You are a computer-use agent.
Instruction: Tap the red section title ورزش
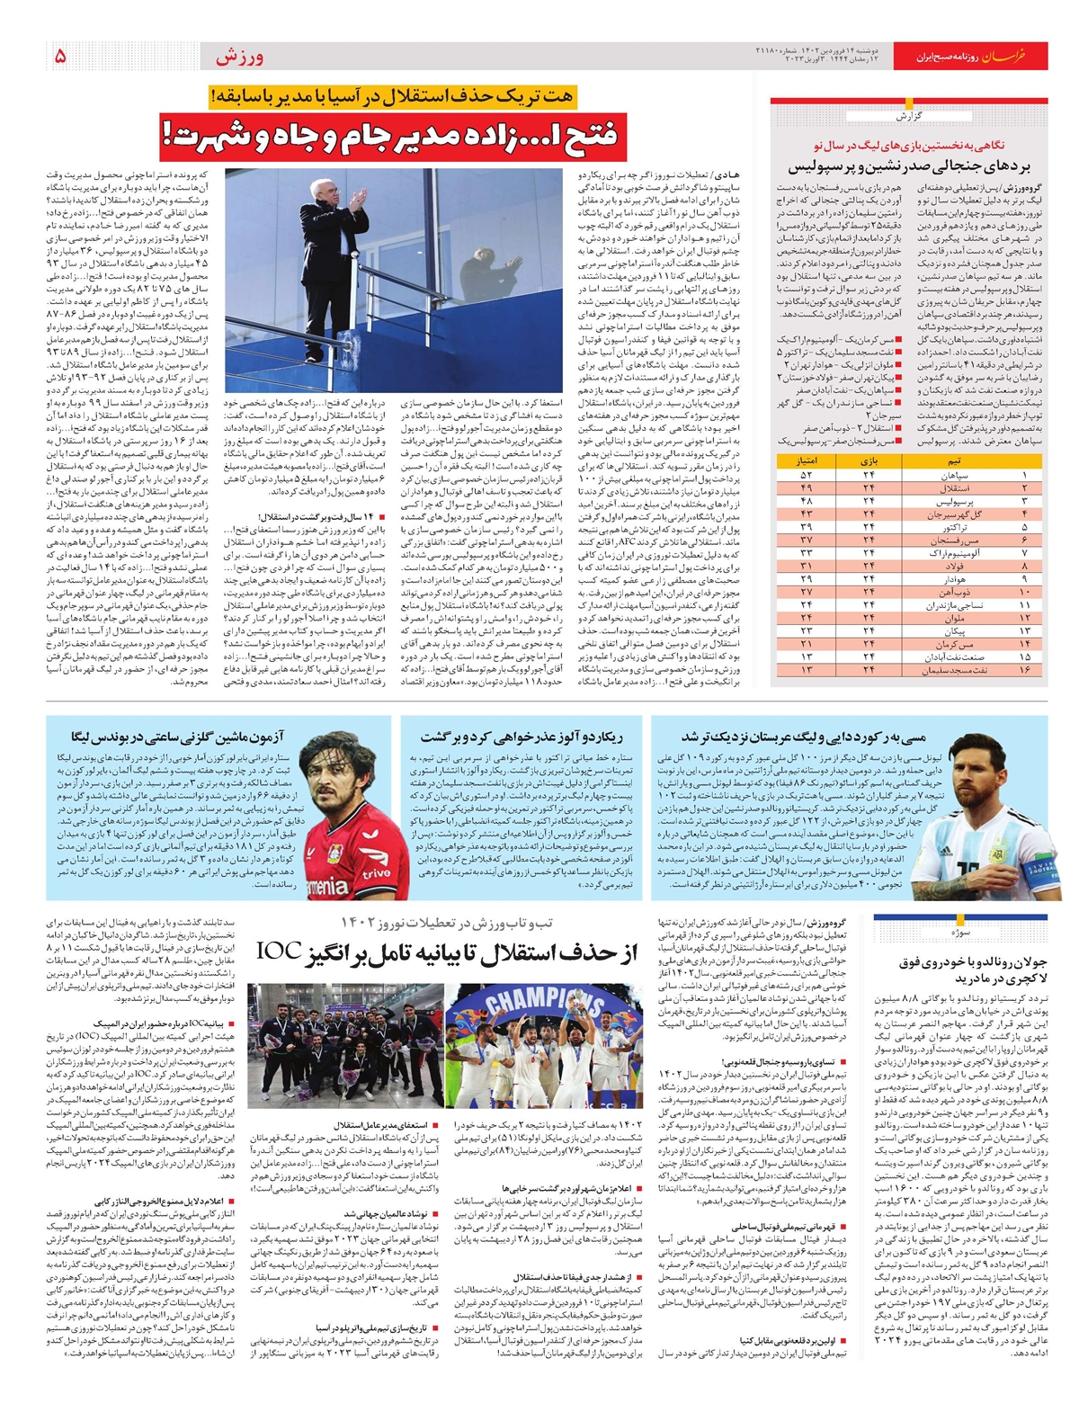[x=239, y=58]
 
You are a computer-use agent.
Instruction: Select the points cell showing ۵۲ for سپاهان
[x=806, y=474]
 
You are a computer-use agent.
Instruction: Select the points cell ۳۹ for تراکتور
[x=806, y=526]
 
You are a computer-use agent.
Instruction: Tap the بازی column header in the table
[x=869, y=460]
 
